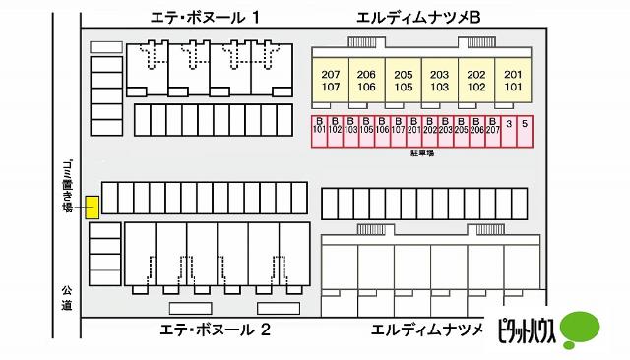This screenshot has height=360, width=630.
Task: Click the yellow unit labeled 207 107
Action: (x=331, y=81)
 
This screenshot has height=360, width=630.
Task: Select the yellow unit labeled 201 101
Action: (x=512, y=81)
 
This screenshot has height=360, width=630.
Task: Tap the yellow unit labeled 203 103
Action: (x=440, y=81)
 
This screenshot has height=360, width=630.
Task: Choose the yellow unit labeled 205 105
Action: (x=404, y=81)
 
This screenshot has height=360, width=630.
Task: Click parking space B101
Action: (x=319, y=131)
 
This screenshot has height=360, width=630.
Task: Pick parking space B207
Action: (x=492, y=131)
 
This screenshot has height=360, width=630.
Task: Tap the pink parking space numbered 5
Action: (x=525, y=131)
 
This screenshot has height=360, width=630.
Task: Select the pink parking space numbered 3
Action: (x=509, y=131)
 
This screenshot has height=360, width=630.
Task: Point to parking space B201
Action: (x=413, y=131)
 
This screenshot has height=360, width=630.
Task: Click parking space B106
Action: (x=382, y=131)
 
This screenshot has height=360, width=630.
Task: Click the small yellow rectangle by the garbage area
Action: (x=92, y=208)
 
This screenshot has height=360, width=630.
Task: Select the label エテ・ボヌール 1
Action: (x=206, y=17)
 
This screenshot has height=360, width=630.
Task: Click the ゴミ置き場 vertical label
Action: (x=67, y=187)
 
